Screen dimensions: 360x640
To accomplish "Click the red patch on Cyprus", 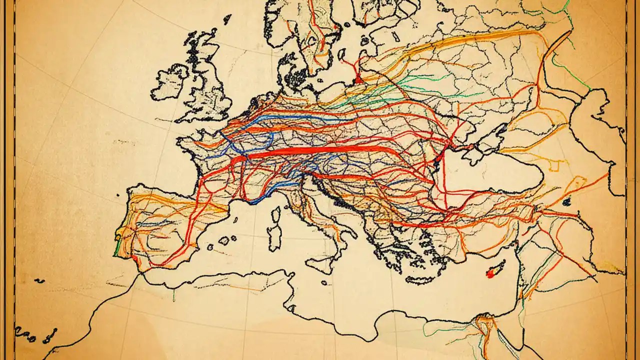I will [490, 274].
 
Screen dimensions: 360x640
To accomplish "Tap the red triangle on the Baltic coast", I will [358, 79].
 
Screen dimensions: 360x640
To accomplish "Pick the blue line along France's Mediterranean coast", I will [260, 199].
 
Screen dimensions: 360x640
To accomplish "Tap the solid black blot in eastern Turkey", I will [566, 201].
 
